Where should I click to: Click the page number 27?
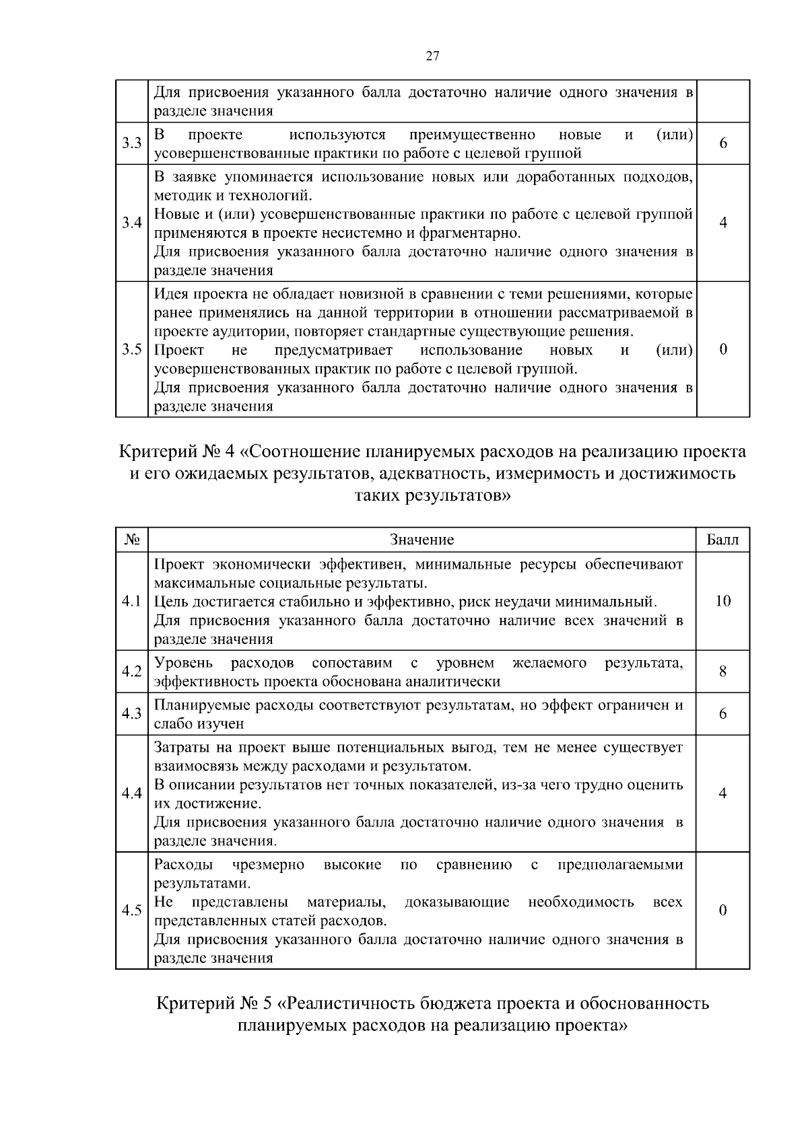click(x=432, y=57)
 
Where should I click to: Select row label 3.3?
click(x=131, y=143)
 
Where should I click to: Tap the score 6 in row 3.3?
click(x=722, y=143)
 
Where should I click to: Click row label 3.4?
click(x=131, y=223)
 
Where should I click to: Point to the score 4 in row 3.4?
click(x=722, y=223)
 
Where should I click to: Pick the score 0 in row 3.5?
click(x=722, y=349)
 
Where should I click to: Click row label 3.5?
click(x=131, y=349)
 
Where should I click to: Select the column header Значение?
click(x=422, y=540)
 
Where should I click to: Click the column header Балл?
click(x=722, y=540)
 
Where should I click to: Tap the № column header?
click(x=131, y=540)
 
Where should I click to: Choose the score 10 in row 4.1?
click(x=722, y=601)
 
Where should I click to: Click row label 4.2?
click(x=131, y=672)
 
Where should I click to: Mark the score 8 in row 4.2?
click(x=722, y=672)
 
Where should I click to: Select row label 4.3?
click(x=131, y=714)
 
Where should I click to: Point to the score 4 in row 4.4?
click(x=722, y=793)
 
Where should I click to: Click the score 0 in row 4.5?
click(x=722, y=911)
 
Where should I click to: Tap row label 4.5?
click(x=131, y=911)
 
